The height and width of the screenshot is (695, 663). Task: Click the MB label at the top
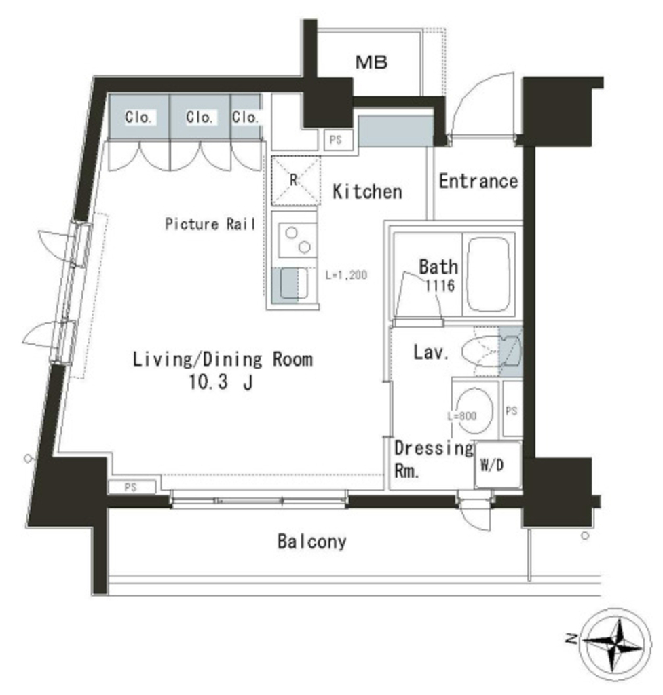point(371,63)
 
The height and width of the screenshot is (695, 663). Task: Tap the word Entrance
point(478,182)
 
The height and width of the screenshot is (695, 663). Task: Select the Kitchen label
point(367,192)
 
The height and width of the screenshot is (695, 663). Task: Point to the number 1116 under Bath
point(439,286)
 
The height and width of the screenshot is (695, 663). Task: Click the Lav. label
point(430,353)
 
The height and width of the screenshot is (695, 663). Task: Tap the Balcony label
point(311,542)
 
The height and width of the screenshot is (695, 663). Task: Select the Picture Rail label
point(210,224)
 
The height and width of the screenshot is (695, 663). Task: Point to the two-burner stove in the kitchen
point(297,239)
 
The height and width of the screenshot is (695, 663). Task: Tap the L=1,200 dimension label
point(346,276)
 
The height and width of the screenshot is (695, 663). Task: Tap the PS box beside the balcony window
point(131,487)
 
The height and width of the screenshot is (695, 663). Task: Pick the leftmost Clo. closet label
point(138,117)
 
